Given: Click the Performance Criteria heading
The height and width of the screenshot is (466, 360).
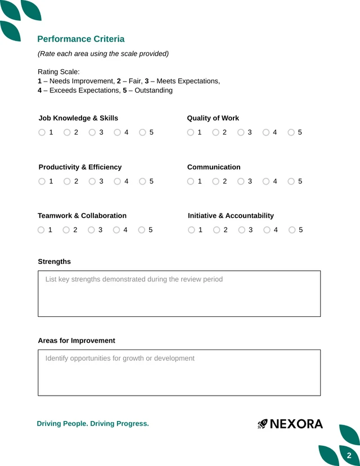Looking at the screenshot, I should click(80, 39).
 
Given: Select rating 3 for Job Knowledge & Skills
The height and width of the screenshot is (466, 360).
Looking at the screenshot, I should click(92, 133).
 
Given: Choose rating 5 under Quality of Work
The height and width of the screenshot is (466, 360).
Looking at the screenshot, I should click(291, 133).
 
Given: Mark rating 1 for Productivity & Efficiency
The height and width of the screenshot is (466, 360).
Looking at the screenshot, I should click(42, 182).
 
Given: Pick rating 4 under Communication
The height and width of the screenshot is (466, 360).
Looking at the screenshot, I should click(266, 182).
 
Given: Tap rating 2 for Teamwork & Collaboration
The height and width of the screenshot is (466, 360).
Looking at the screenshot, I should click(66, 230).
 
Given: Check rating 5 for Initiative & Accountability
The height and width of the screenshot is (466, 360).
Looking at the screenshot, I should click(292, 230).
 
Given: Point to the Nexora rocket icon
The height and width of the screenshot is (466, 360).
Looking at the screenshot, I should click(263, 424).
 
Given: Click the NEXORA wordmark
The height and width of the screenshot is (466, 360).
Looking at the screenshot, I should click(296, 424).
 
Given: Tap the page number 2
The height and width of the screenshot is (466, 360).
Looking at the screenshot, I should click(349, 455).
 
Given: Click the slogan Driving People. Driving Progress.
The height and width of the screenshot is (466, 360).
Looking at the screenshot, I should click(93, 424).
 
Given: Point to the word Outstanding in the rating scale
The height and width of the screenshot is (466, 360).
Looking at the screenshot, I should click(154, 90).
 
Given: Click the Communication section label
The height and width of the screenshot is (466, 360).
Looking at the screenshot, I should click(214, 167).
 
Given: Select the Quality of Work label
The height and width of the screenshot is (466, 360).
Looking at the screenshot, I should click(213, 118).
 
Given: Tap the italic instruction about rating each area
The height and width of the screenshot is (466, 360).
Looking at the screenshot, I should click(103, 53).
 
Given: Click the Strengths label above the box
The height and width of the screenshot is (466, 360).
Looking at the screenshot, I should click(55, 262).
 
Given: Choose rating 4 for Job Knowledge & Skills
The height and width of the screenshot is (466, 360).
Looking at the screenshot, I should click(118, 133).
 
